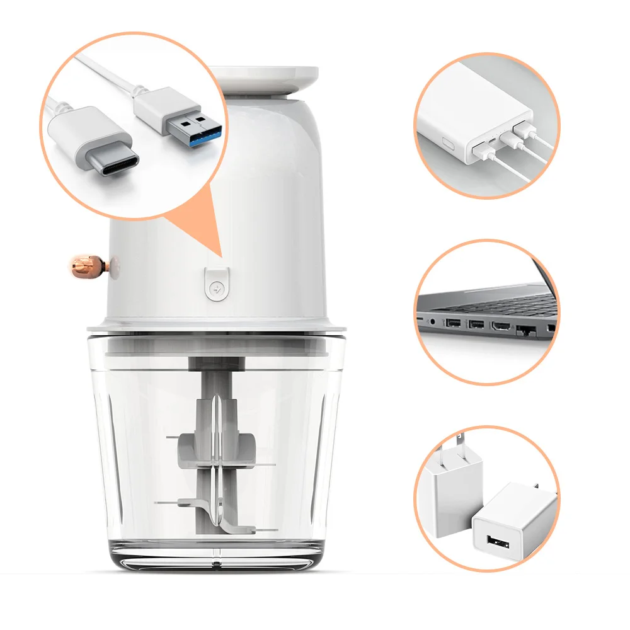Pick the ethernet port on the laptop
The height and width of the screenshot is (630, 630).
525,331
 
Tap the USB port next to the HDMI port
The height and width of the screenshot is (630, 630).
476,326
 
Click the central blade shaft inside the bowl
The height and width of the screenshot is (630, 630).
215,441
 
